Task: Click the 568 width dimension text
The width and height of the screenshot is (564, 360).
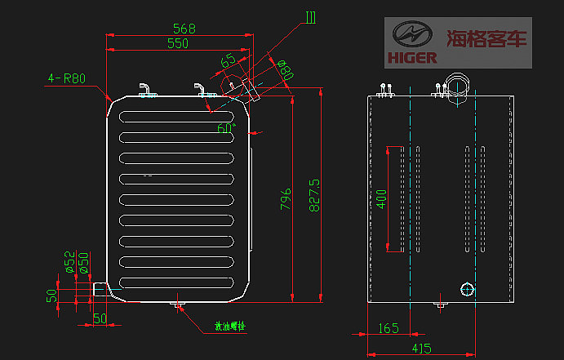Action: click(x=184, y=29)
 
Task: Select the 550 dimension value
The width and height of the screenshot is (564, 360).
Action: click(x=178, y=44)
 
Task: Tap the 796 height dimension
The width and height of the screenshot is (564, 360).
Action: click(x=286, y=199)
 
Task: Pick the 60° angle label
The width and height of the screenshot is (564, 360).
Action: click(x=225, y=128)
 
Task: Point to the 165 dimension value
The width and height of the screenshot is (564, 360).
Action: click(x=389, y=328)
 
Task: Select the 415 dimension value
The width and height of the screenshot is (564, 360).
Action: click(x=421, y=349)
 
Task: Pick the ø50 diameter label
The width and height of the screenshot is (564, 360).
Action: click(x=82, y=260)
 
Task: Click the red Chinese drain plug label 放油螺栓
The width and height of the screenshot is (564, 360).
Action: click(x=229, y=325)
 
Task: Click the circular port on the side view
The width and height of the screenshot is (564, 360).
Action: click(x=468, y=289)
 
